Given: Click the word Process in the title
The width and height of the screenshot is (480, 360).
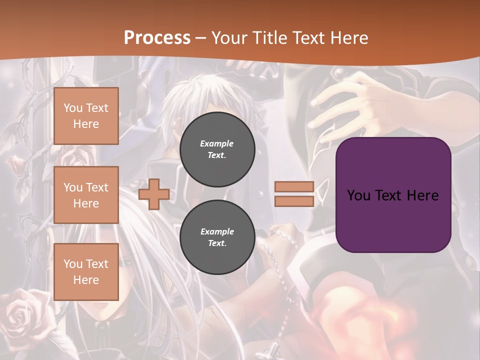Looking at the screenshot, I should pos(157,38).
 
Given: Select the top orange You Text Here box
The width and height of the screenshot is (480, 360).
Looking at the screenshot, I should pos(86,116).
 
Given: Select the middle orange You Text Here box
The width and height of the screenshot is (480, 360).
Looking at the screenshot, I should pos(86,195).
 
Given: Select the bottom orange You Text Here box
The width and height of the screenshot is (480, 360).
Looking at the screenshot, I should pos(86,271).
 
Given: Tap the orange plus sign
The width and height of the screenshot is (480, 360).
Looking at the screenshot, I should pos(154,194).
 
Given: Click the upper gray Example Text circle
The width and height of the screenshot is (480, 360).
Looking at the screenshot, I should pos(217,149).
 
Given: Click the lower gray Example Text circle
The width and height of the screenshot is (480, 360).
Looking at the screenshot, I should pos(217,237).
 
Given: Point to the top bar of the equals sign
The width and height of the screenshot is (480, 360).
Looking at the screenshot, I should pos(294,187).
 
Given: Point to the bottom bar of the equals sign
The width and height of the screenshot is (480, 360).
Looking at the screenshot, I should pos(294,201).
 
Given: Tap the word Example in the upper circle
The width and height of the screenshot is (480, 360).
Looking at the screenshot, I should pos(217,144).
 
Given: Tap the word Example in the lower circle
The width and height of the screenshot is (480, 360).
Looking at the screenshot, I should pos(217,232).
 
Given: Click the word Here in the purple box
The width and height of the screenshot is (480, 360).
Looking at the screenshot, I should pos(422,195).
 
